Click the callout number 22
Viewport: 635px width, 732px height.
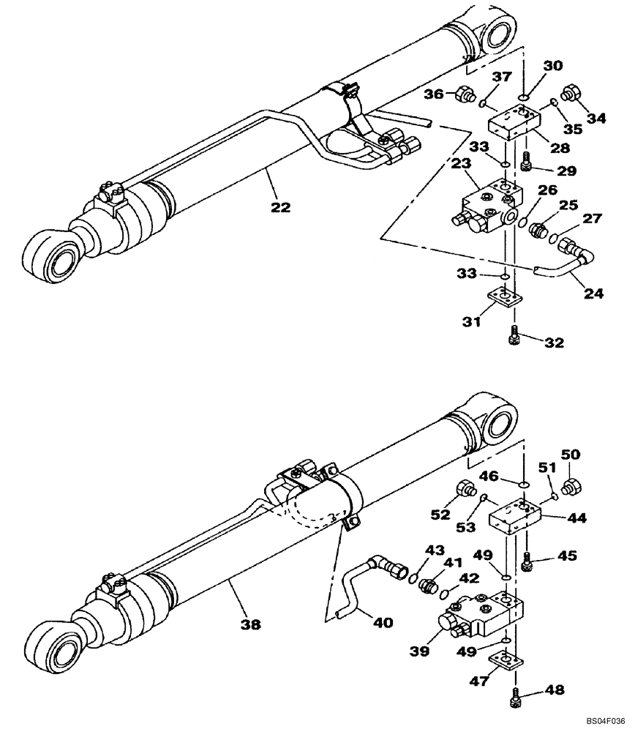[x=279, y=207]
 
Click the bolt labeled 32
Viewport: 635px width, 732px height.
[x=512, y=337]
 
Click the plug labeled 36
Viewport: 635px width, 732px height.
[x=462, y=94]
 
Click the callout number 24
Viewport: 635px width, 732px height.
[x=594, y=294]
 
